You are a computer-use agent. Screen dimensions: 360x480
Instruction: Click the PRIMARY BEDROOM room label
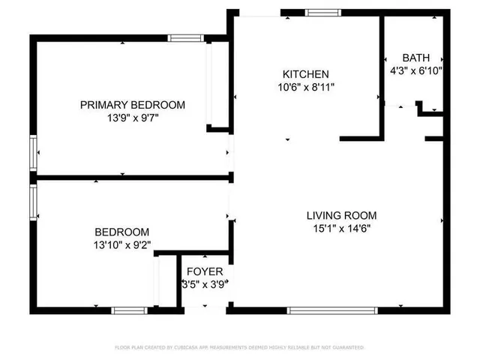tap(133, 105)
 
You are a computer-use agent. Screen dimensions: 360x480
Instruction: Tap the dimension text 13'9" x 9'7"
tap(133, 118)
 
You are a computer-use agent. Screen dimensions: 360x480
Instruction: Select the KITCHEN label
tap(305, 74)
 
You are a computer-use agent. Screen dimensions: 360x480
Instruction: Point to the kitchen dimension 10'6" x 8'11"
tap(305, 87)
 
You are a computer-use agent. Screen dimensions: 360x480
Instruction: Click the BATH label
tap(416, 58)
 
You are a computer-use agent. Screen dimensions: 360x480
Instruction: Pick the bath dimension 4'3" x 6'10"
tap(416, 70)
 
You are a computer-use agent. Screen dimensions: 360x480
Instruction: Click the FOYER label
tap(205, 271)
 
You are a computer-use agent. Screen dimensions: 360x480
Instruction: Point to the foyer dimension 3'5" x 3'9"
tap(205, 284)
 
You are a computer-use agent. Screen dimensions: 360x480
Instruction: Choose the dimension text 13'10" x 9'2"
tap(121, 245)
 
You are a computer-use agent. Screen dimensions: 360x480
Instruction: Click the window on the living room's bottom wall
tap(322, 310)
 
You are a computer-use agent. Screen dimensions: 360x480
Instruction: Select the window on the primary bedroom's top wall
tap(185, 38)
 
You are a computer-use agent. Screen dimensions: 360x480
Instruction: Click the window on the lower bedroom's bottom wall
tap(129, 310)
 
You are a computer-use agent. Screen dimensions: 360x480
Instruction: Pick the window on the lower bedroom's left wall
tap(33, 202)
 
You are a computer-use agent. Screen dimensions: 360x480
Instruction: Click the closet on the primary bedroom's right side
tap(217, 84)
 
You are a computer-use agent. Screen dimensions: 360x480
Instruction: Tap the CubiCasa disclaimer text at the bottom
tap(239, 347)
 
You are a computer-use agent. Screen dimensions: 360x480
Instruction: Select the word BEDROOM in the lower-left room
tap(121, 232)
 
